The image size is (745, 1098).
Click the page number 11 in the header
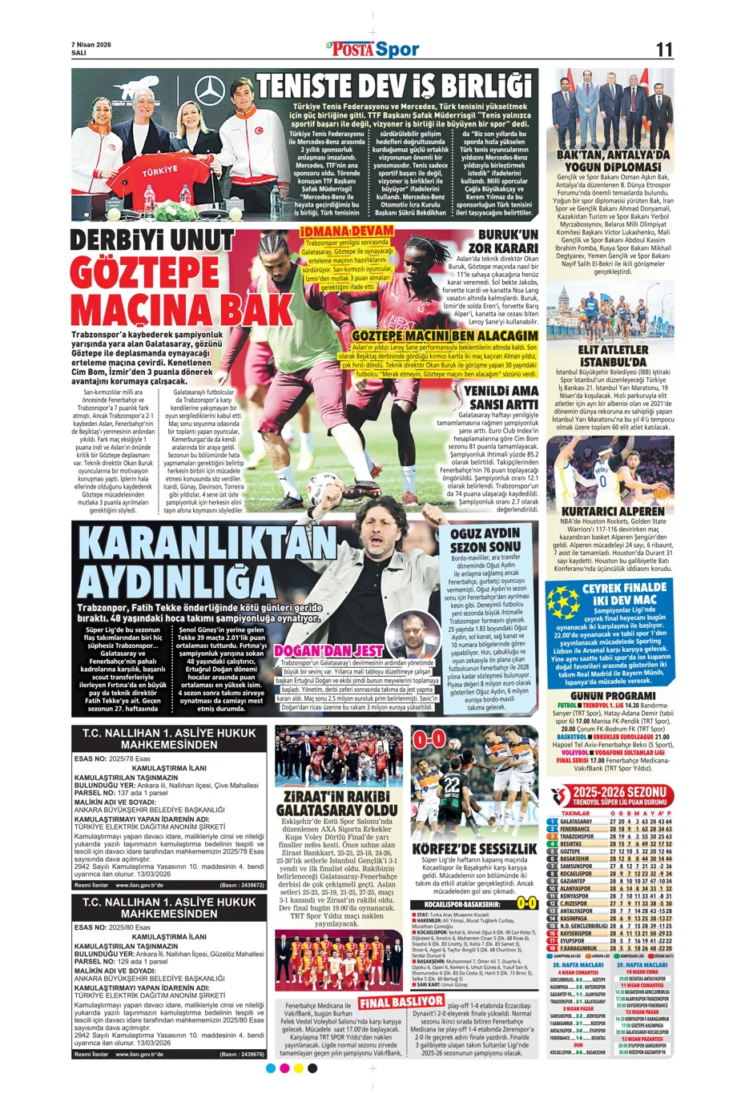[x=664, y=49]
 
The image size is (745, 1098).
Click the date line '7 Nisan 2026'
[x=91, y=44]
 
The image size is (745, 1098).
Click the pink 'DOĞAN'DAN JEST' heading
[x=328, y=651]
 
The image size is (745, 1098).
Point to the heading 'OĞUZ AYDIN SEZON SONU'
[x=485, y=540]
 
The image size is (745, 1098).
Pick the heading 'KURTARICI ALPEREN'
[x=613, y=511]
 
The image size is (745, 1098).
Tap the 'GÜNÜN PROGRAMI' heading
[x=614, y=696]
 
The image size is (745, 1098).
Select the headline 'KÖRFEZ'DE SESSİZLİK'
[x=474, y=848]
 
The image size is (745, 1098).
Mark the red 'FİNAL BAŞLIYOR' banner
[x=401, y=1002]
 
